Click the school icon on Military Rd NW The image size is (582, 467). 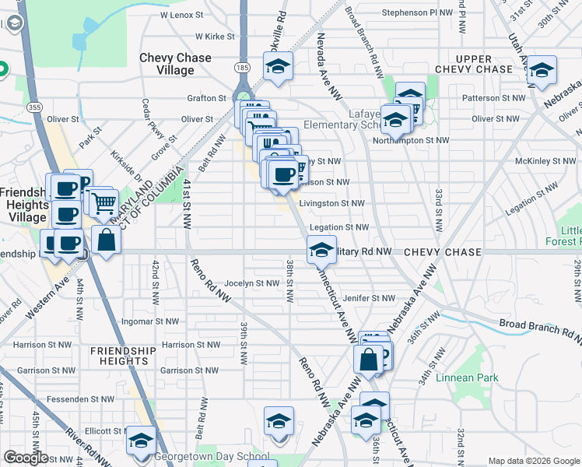tap(321, 250)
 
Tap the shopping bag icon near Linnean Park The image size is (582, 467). tap(368, 360)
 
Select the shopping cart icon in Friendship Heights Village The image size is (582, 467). tap(103, 204)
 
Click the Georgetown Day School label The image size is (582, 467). tap(212, 457)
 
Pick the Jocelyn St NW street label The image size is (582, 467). tap(251, 283)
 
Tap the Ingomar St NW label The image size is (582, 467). tap(151, 321)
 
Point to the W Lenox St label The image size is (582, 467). tap(181, 15)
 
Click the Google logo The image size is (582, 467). tap(26, 458)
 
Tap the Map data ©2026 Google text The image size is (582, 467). tap(533, 461)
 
